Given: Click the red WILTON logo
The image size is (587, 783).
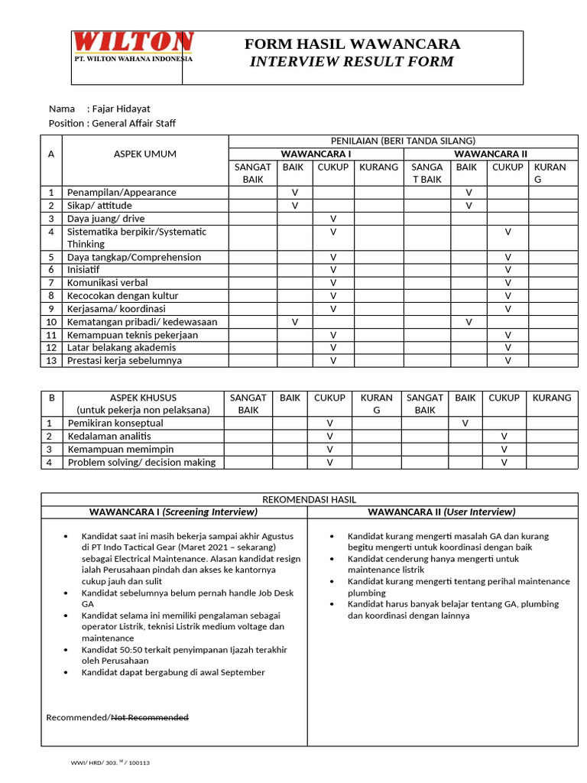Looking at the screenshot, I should (134, 41).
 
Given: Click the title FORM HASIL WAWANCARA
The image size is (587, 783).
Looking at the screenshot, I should (352, 44).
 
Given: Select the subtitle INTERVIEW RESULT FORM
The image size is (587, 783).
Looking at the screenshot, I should (352, 62).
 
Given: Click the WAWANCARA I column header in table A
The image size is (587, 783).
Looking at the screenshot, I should (316, 154).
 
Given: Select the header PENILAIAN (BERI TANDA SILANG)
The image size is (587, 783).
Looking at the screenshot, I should (402, 141).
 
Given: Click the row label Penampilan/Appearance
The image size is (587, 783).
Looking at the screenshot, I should (122, 193).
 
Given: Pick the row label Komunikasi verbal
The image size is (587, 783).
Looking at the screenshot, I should (108, 283).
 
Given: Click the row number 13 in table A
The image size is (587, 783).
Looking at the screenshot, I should (51, 360).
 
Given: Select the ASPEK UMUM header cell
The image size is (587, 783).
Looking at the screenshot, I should (144, 154).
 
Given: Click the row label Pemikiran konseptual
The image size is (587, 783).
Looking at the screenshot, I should (115, 423).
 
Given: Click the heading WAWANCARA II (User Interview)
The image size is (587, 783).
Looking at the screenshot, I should (442, 512).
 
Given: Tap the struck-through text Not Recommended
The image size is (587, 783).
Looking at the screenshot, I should (150, 717).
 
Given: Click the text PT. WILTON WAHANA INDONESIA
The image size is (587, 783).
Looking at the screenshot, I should (133, 59).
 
